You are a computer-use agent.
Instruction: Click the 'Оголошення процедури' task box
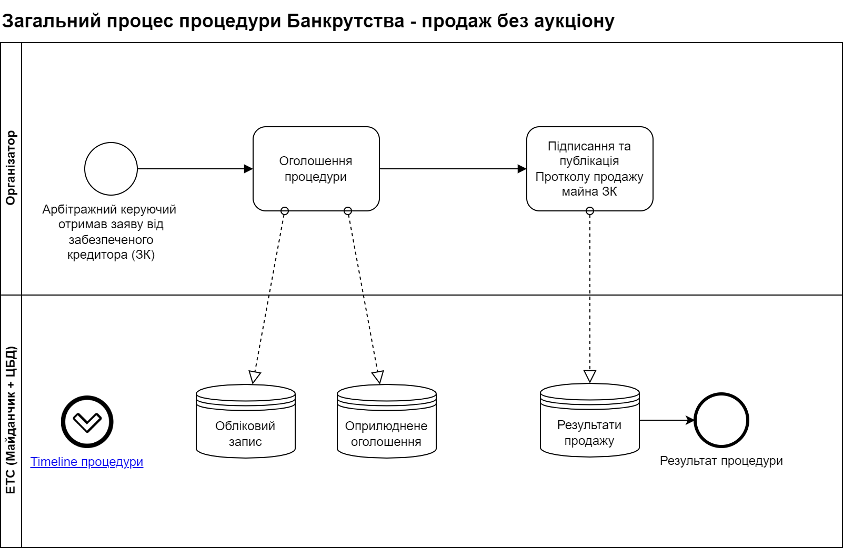click(x=316, y=169)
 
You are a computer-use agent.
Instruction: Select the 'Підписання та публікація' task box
click(x=589, y=169)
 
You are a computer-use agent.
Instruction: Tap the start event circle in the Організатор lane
click(x=111, y=169)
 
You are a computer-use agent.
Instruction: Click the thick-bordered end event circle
click(x=721, y=420)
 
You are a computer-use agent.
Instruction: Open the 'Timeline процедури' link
click(x=87, y=462)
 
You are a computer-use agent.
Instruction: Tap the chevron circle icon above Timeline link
click(x=87, y=422)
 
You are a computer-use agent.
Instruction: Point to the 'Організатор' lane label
click(x=11, y=168)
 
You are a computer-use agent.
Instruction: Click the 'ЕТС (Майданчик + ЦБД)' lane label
click(x=11, y=421)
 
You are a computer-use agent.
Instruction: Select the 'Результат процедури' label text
click(x=721, y=461)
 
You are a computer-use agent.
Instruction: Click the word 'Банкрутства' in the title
click(x=346, y=21)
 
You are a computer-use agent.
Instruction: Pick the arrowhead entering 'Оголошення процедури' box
click(x=248, y=169)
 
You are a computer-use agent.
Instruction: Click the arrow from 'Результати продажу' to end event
click(x=667, y=420)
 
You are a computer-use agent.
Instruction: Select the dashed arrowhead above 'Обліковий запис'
click(x=255, y=377)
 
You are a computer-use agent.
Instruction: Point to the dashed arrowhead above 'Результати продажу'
click(x=590, y=376)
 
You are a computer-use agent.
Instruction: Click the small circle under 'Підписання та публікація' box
click(x=590, y=211)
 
